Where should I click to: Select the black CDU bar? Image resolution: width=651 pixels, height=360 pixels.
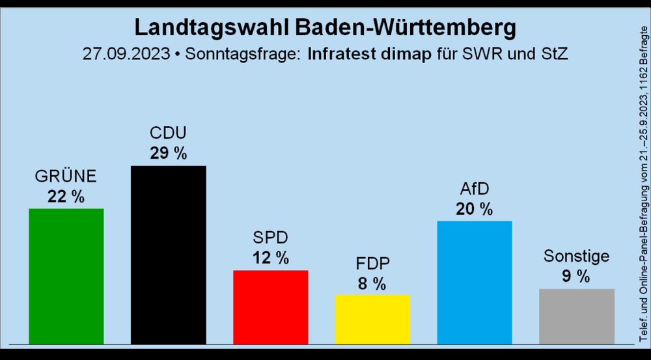[x=168, y=254]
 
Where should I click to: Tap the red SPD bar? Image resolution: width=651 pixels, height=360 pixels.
[x=270, y=306]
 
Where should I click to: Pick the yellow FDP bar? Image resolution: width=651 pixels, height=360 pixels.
[x=372, y=318]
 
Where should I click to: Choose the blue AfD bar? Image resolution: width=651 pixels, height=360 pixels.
[x=474, y=282]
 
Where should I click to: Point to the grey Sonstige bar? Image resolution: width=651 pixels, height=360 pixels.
[x=576, y=316]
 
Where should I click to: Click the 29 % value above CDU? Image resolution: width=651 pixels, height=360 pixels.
[x=168, y=154]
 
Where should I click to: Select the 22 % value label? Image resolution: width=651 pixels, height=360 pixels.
[x=66, y=197]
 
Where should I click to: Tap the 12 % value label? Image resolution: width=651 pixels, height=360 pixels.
[x=270, y=258]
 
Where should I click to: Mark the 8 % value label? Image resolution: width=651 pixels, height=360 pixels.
[x=372, y=283]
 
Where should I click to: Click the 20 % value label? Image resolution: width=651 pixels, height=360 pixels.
[x=474, y=209]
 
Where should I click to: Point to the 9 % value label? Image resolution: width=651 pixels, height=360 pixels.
[x=576, y=276]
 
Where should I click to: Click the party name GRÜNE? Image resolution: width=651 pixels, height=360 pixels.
[x=66, y=176]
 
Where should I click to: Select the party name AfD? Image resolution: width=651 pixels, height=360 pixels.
[x=474, y=189]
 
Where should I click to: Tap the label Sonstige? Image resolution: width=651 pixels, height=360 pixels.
[x=576, y=256]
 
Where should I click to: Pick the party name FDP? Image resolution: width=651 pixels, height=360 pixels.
[x=372, y=264]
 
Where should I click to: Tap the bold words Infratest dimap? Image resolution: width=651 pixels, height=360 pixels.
[x=369, y=53]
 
